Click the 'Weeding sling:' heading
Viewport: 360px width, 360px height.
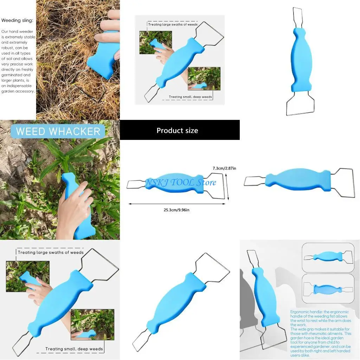coord(17,21)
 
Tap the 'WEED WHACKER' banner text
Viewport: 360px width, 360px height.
coord(58,131)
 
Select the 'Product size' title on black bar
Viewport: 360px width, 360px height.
coord(177,130)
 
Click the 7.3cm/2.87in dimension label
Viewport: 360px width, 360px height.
coord(224,168)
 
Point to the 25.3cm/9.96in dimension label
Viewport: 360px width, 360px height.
coord(176,210)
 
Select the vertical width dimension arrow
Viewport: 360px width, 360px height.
coord(228,185)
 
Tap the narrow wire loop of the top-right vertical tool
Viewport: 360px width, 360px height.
coord(297,18)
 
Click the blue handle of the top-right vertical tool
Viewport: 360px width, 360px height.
coord(301,60)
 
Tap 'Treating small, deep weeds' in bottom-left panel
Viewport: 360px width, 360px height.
coord(74,349)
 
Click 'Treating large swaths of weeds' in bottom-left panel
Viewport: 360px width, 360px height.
coord(51,252)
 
